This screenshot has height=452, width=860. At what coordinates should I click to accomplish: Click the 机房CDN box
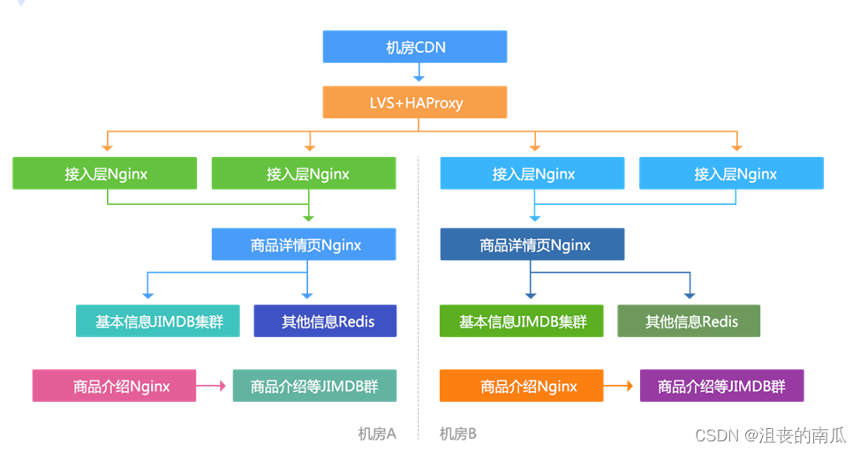pyautogui.click(x=415, y=47)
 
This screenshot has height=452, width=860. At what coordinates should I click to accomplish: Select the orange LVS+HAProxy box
pyautogui.click(x=415, y=102)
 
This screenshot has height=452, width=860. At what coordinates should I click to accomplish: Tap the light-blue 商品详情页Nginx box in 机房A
pyautogui.click(x=305, y=245)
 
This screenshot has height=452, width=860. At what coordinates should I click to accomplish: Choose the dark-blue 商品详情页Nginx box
pyautogui.click(x=532, y=245)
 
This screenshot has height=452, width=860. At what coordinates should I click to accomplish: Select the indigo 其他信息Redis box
pyautogui.click(x=325, y=321)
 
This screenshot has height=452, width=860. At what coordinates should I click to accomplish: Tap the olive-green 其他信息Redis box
pyautogui.click(x=688, y=321)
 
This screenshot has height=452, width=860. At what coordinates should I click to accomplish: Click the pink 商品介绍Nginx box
pyautogui.click(x=114, y=386)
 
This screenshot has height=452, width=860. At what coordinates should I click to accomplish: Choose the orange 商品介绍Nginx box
pyautogui.click(x=521, y=386)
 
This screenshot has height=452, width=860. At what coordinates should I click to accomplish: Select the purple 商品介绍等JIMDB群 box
pyautogui.click(x=721, y=386)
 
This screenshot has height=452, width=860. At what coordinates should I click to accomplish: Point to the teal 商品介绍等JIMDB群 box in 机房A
pyautogui.click(x=314, y=386)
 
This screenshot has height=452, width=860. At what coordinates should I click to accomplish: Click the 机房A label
pyautogui.click(x=377, y=433)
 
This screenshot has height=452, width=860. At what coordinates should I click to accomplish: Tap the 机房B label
pyautogui.click(x=458, y=433)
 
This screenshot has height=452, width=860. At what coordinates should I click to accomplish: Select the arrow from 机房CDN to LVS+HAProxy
pyautogui.click(x=415, y=74)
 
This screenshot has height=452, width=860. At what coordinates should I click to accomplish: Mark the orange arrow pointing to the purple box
pyautogui.click(x=621, y=386)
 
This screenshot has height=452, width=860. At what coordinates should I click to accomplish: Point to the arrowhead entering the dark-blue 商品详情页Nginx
pyautogui.click(x=533, y=218)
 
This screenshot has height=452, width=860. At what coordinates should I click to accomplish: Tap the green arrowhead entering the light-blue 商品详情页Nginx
pyautogui.click(x=307, y=217)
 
